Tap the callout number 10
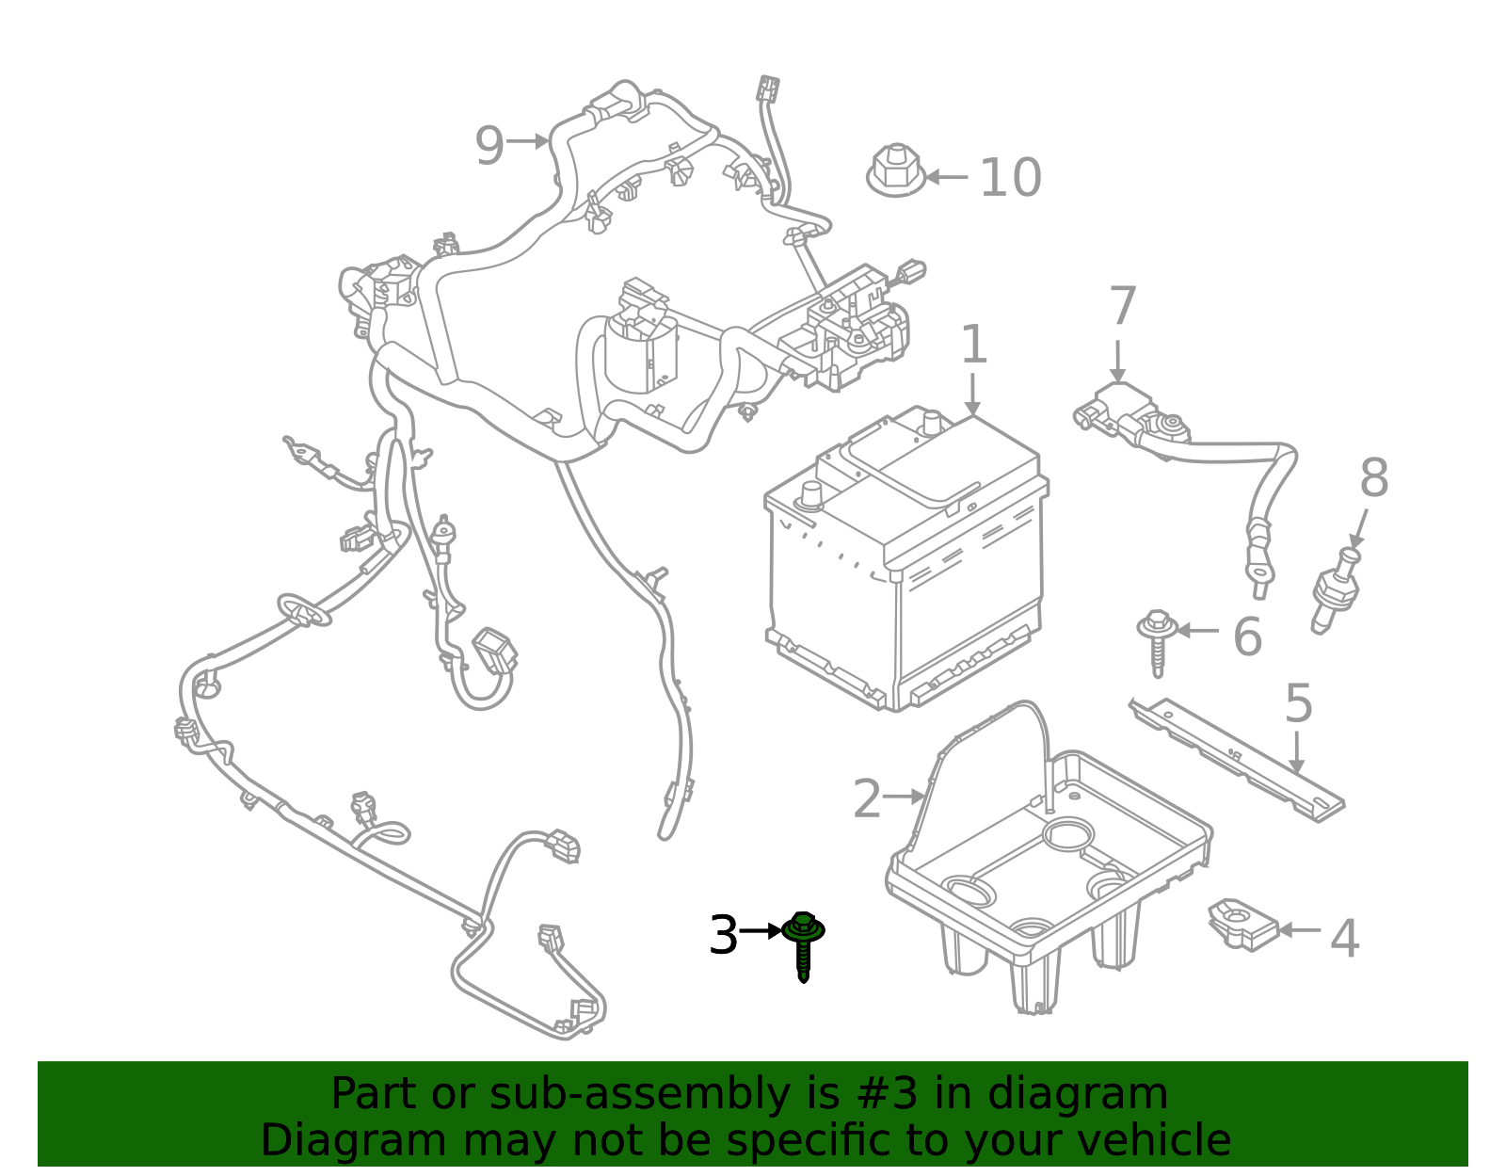(x=1010, y=178)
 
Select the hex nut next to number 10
(x=895, y=171)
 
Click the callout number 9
(x=489, y=145)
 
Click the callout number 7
(x=1123, y=306)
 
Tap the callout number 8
(x=1373, y=478)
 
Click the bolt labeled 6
(x=1157, y=640)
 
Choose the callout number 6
(x=1247, y=636)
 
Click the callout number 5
(x=1298, y=703)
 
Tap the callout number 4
(x=1344, y=939)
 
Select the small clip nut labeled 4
(x=1242, y=924)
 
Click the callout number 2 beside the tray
(x=867, y=799)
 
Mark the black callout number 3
(x=723, y=936)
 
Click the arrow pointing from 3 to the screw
(x=761, y=930)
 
